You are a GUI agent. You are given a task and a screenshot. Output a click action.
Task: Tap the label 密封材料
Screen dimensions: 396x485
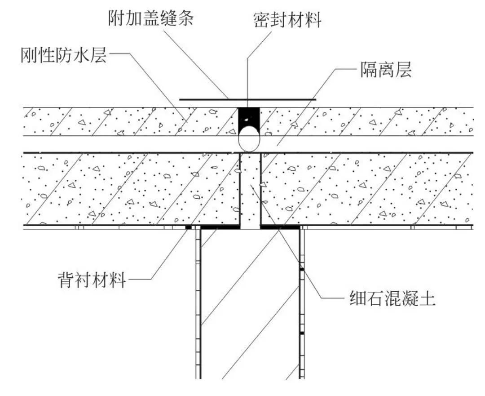coord(287,20)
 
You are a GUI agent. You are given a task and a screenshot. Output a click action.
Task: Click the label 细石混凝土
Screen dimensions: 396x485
coord(392,298)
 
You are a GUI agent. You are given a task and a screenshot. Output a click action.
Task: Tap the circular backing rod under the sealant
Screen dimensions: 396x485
coord(249,139)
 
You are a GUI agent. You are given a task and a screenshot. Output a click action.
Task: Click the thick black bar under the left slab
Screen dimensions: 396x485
coord(220,227)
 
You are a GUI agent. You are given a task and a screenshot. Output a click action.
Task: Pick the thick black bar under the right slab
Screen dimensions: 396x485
coord(280,227)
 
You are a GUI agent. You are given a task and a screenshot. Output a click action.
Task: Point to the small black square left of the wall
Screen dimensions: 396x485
coord(189,227)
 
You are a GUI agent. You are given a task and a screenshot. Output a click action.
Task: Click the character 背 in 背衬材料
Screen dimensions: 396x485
coord(65,280)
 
